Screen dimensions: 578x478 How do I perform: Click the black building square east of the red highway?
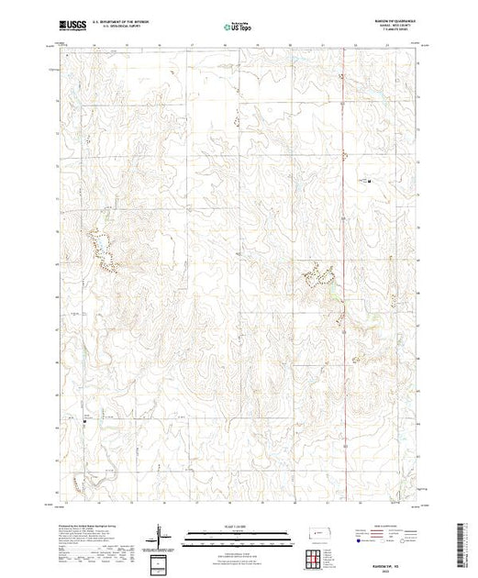click(x=368, y=181)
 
